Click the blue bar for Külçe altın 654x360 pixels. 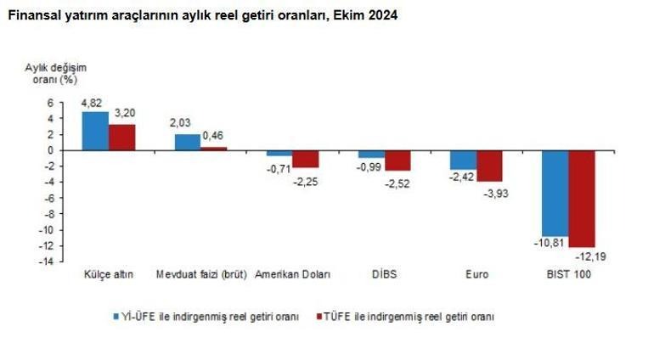(95, 131)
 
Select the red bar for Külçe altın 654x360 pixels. (121, 137)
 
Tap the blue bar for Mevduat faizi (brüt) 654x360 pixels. (187, 142)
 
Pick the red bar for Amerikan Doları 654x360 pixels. (305, 159)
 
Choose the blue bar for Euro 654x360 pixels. (463, 160)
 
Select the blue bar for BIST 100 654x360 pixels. (555, 193)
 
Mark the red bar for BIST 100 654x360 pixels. (582, 199)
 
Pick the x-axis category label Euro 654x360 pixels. (476, 275)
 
